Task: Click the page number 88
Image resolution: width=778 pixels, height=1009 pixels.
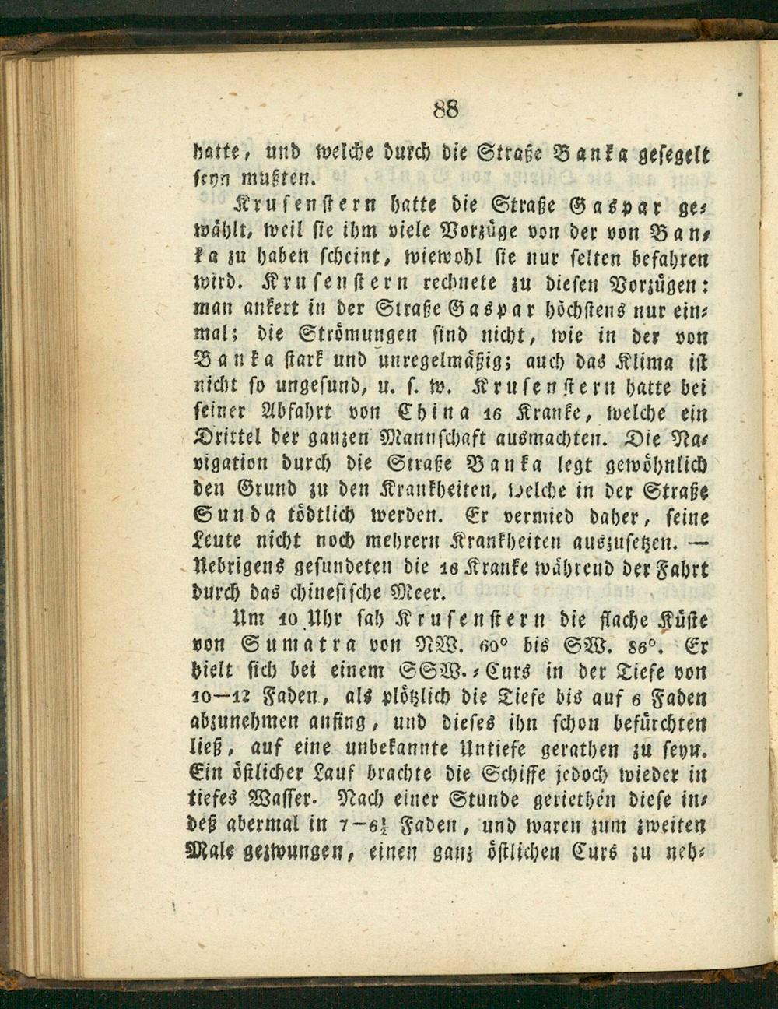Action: point(447,108)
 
